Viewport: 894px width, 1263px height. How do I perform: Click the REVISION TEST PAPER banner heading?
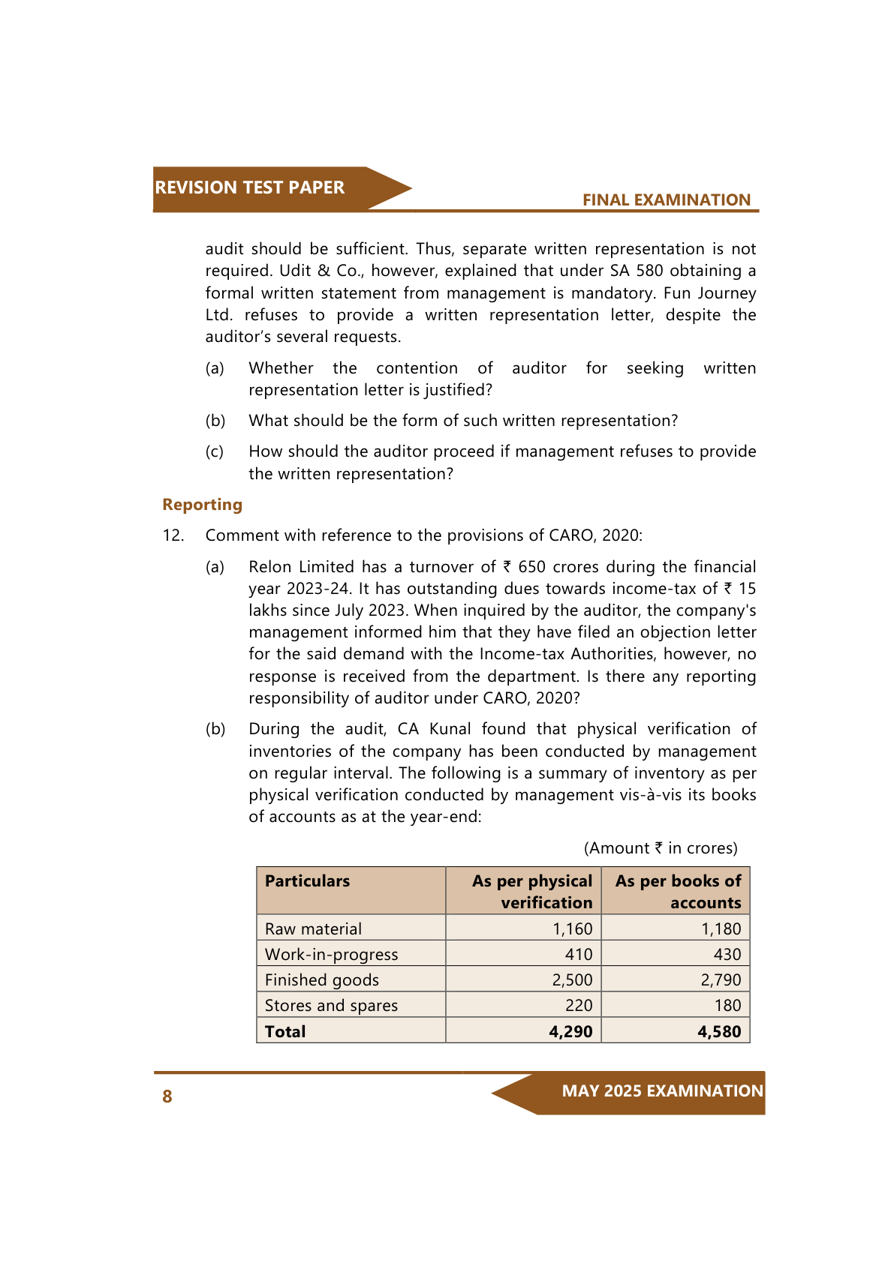[x=249, y=187]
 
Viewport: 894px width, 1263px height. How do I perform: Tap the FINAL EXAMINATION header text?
[x=666, y=200]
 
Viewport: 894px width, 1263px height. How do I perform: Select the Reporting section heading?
[x=202, y=505]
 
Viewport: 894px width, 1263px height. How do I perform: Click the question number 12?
[x=173, y=535]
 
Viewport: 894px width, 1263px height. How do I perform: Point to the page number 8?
[x=167, y=1096]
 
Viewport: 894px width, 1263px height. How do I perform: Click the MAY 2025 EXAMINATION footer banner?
[x=662, y=1091]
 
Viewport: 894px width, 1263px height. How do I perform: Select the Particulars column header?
[x=307, y=881]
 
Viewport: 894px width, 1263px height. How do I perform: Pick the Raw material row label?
[x=313, y=929]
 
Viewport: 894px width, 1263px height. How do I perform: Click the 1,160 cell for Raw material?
[x=572, y=929]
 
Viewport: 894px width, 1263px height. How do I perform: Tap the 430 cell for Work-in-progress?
[x=727, y=955]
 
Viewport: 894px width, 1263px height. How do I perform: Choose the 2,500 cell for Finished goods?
[x=572, y=980]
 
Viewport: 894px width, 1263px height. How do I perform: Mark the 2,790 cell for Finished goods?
[x=721, y=980]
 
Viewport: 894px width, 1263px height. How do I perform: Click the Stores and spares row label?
[x=331, y=1006]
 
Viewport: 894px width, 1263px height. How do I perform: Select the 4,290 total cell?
[x=570, y=1032]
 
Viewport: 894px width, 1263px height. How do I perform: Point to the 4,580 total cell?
[x=719, y=1032]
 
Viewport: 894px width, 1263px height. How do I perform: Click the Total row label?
[x=285, y=1032]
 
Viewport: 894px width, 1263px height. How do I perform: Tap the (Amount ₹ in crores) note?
[x=661, y=848]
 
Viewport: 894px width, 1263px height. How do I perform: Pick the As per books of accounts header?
[x=678, y=892]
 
